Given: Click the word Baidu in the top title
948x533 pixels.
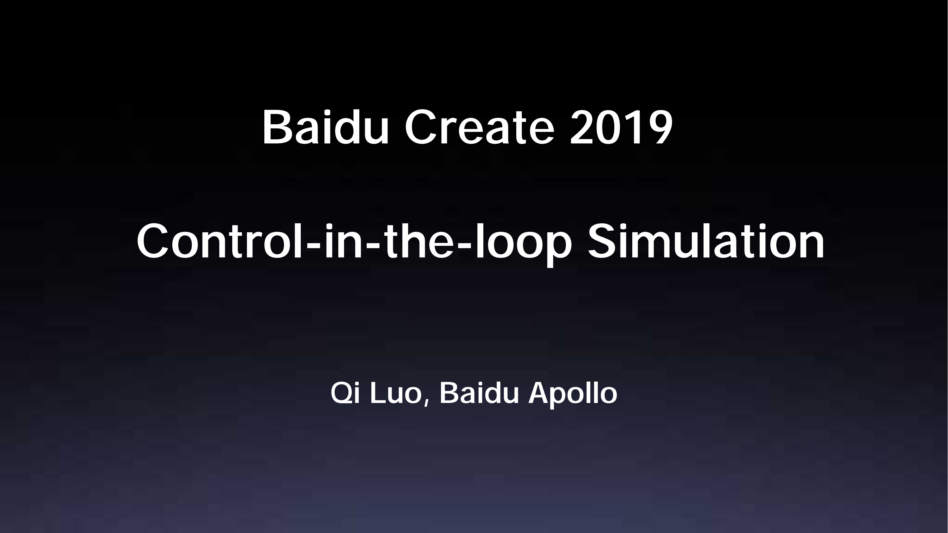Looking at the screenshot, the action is [326, 127].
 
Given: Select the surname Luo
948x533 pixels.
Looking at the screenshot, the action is [395, 393].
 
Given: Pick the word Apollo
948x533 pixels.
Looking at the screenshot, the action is [573, 395].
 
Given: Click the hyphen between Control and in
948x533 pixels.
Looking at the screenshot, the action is [314, 245].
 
